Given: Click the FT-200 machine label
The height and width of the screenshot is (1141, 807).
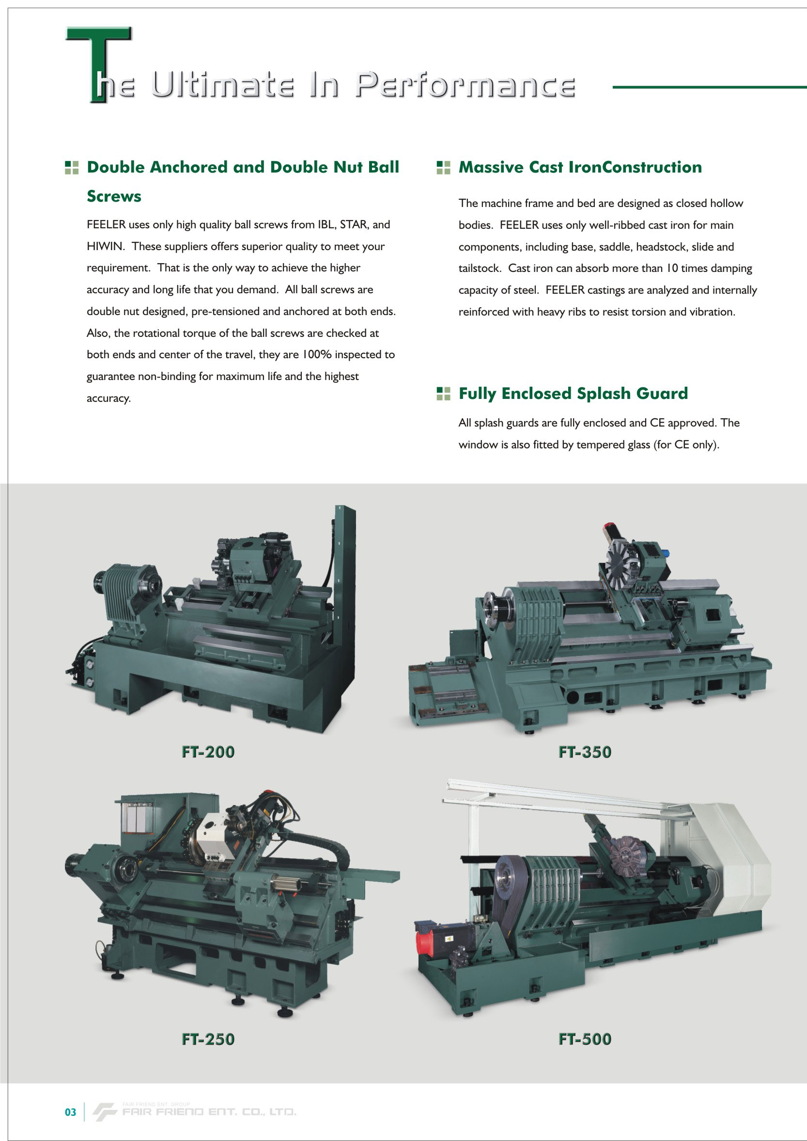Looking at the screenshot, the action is pyautogui.click(x=208, y=752).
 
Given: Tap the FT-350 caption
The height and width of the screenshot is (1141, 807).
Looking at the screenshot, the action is pyautogui.click(x=585, y=752).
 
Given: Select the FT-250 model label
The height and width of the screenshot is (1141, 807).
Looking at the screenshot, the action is pyautogui.click(x=208, y=1039).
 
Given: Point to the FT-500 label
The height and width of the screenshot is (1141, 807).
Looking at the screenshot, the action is pyautogui.click(x=585, y=1039).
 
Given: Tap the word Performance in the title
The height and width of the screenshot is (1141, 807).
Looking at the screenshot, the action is pyautogui.click(x=466, y=85).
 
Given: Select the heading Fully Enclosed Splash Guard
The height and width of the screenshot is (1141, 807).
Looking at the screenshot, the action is pyautogui.click(x=573, y=393).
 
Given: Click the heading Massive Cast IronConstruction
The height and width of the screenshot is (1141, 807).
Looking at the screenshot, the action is pyautogui.click(x=580, y=167).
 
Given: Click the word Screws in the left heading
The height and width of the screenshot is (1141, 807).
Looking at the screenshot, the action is pyautogui.click(x=114, y=196).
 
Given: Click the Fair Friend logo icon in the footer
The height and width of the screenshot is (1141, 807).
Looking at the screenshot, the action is pyautogui.click(x=104, y=1111).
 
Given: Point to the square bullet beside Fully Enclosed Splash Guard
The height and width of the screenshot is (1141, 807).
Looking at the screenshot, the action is pyautogui.click(x=443, y=393).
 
